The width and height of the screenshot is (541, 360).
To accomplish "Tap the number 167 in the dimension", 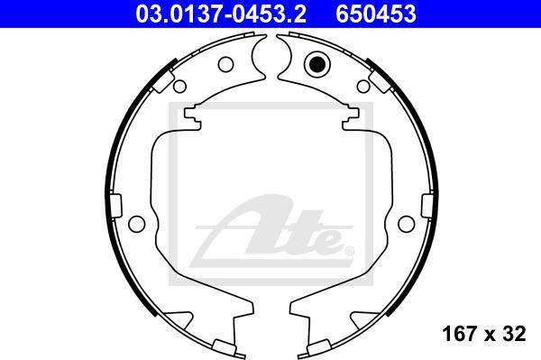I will pyautogui.click(x=459, y=335).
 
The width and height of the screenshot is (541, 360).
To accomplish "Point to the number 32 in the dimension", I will pyautogui.click(x=514, y=335).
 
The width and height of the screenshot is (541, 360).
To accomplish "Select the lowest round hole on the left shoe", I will pyautogui.click(x=137, y=224).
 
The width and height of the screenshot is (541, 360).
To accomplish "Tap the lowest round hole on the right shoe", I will pyautogui.click(x=405, y=224).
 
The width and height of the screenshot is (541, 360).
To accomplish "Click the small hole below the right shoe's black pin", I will pyautogui.click(x=363, y=87).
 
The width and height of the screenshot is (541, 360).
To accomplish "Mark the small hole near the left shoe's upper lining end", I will pyautogui.click(x=179, y=87).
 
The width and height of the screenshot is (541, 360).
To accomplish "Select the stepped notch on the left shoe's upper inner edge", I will pyautogui.click(x=194, y=115).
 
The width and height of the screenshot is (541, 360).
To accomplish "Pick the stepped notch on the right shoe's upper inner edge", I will pyautogui.click(x=348, y=115).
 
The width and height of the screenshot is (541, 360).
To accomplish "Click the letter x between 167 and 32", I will pyautogui.click(x=490, y=336).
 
